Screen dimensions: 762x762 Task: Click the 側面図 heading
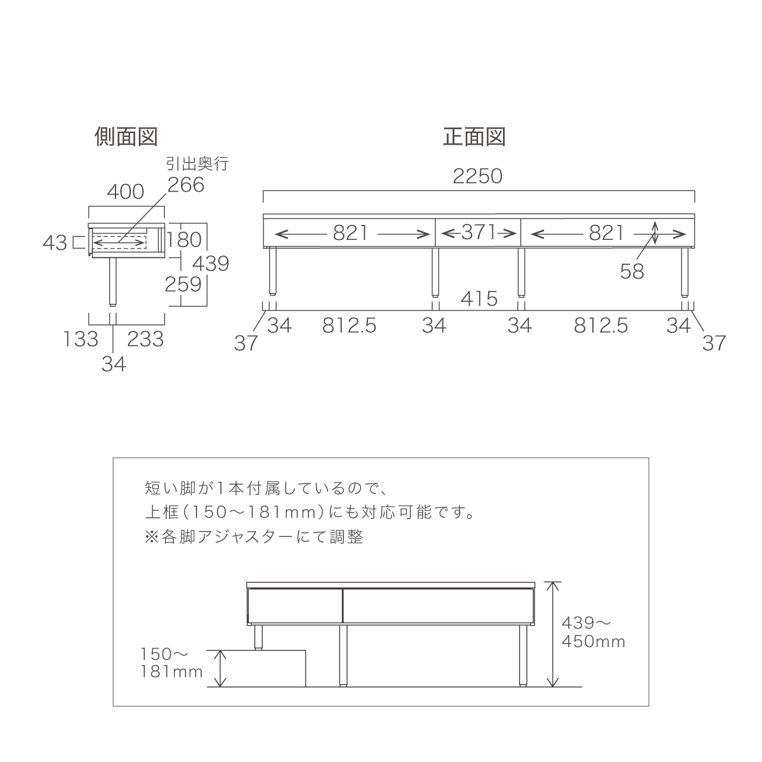click(x=126, y=137)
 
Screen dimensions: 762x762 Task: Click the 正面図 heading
click(x=474, y=137)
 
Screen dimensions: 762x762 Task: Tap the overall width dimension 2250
click(x=477, y=176)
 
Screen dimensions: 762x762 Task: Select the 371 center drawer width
click(x=479, y=232)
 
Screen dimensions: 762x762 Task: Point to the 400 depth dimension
click(x=126, y=192)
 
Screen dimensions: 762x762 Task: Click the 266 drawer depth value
click(x=186, y=185)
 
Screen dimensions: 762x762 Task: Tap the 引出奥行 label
click(x=197, y=163)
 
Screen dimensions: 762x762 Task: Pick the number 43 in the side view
click(x=55, y=243)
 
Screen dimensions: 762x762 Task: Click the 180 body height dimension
click(x=185, y=240)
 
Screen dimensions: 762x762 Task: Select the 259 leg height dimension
click(x=183, y=285)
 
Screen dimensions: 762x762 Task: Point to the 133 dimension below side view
click(x=81, y=339)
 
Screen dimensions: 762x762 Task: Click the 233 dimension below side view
click(x=145, y=339)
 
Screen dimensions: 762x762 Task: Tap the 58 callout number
click(x=632, y=271)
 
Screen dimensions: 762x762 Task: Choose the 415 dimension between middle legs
click(x=479, y=299)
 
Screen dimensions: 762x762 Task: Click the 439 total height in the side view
click(x=211, y=263)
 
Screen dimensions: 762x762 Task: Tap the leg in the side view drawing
click(x=113, y=282)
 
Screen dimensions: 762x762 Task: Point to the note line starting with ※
click(x=254, y=536)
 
